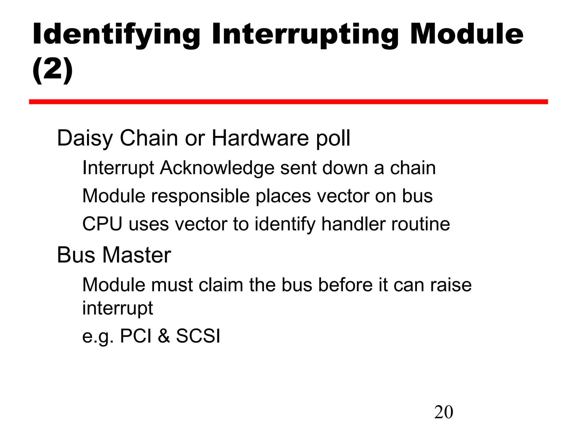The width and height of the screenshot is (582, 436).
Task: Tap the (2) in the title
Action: tap(53, 69)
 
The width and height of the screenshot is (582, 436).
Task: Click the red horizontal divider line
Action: tap(288, 102)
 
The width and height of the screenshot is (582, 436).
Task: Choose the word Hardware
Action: tap(260, 138)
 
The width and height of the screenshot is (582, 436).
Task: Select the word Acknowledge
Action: tap(217, 168)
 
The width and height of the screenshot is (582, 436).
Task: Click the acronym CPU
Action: tap(102, 224)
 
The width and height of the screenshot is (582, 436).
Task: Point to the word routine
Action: tap(421, 224)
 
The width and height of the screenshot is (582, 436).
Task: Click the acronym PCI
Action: tap(136, 336)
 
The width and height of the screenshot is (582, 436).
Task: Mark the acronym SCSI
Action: tap(198, 336)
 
